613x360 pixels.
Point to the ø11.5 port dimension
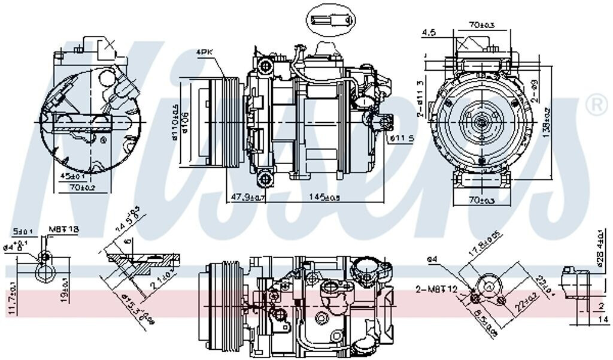(x=402, y=139)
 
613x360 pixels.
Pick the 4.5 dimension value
(x=428, y=32)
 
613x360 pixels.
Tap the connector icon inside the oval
(x=330, y=21)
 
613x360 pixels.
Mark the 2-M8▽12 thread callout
(x=436, y=290)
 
